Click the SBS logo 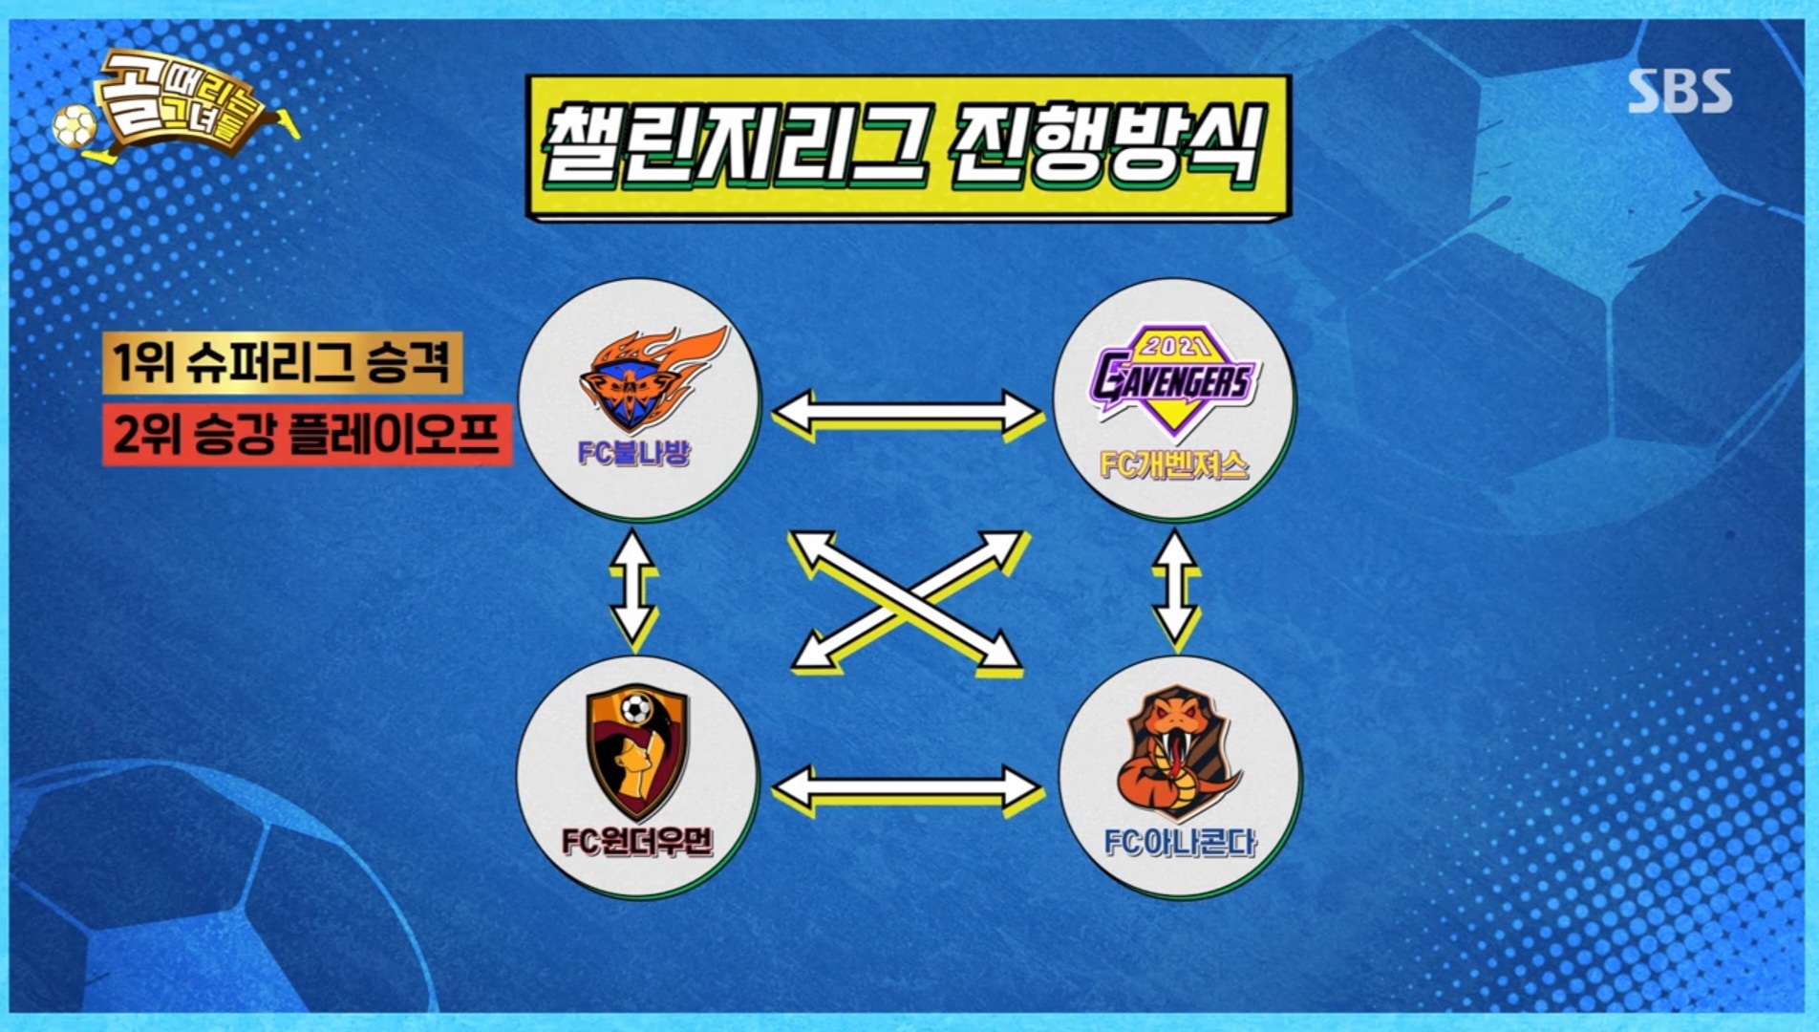(x=1680, y=91)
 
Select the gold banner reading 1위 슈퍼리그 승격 (x=282, y=362)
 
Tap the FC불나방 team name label (x=632, y=452)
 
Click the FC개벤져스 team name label (x=1173, y=465)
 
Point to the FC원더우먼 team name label (x=636, y=842)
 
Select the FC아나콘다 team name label (x=1179, y=842)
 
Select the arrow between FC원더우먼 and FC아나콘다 (x=906, y=789)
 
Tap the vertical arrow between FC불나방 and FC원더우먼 (x=632, y=585)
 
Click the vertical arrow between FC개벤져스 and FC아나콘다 (x=1176, y=585)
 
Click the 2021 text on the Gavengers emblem (x=1174, y=345)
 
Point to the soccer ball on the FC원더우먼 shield (x=635, y=709)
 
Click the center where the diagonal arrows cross (x=906, y=600)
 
